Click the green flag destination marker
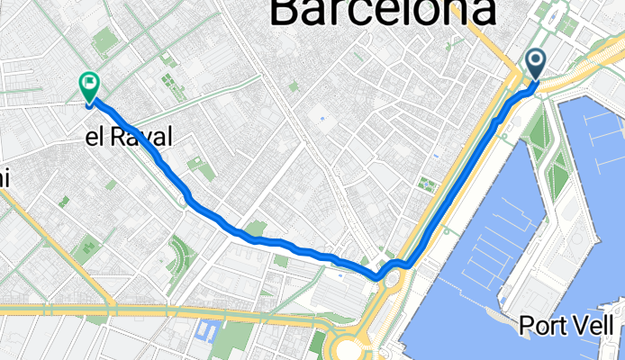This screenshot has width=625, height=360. pyautogui.click(x=89, y=85)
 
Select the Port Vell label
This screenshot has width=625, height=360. pyautogui.click(x=566, y=326)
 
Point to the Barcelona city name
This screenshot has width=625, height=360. pyautogui.click(x=382, y=13)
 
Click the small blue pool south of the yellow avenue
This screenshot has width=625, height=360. pyautogui.click(x=206, y=332)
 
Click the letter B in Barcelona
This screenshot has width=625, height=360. pyautogui.click(x=285, y=13)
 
